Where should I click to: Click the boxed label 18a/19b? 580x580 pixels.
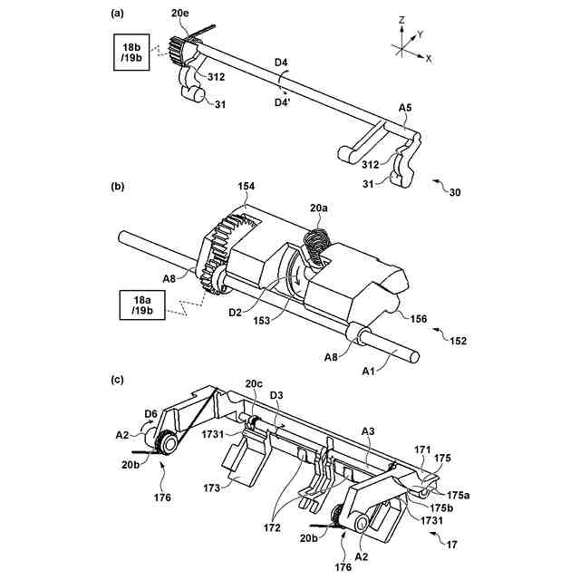coord(140,304)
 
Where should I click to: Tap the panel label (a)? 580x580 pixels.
coord(118,13)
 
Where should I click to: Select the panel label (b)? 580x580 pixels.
coord(117,186)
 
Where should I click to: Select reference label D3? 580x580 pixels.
coord(277,395)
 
